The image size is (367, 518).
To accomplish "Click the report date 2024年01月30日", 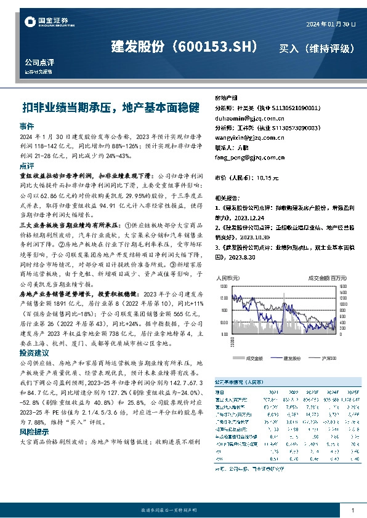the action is coord(331,23).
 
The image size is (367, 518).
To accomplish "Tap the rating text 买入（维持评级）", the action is coord(318,48).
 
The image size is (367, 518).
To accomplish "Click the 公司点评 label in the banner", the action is coord(39,63).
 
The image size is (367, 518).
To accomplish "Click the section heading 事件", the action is coord(26,126).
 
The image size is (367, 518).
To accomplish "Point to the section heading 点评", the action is coord(26,166).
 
